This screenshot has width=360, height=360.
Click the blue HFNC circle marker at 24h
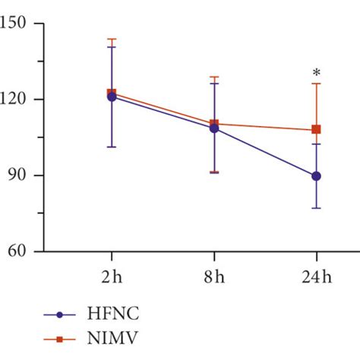click(316, 176)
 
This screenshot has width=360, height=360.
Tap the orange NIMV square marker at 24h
click(316, 130)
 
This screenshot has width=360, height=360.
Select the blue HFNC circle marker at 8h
click(214, 128)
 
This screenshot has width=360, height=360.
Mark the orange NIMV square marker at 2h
click(112, 93)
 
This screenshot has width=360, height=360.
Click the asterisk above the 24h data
click(316, 74)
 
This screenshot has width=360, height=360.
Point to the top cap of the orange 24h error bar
click(316, 84)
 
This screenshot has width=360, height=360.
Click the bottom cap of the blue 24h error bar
click(316, 208)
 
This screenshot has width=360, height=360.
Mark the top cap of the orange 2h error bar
click(112, 39)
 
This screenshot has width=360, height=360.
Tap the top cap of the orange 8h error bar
click(214, 77)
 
